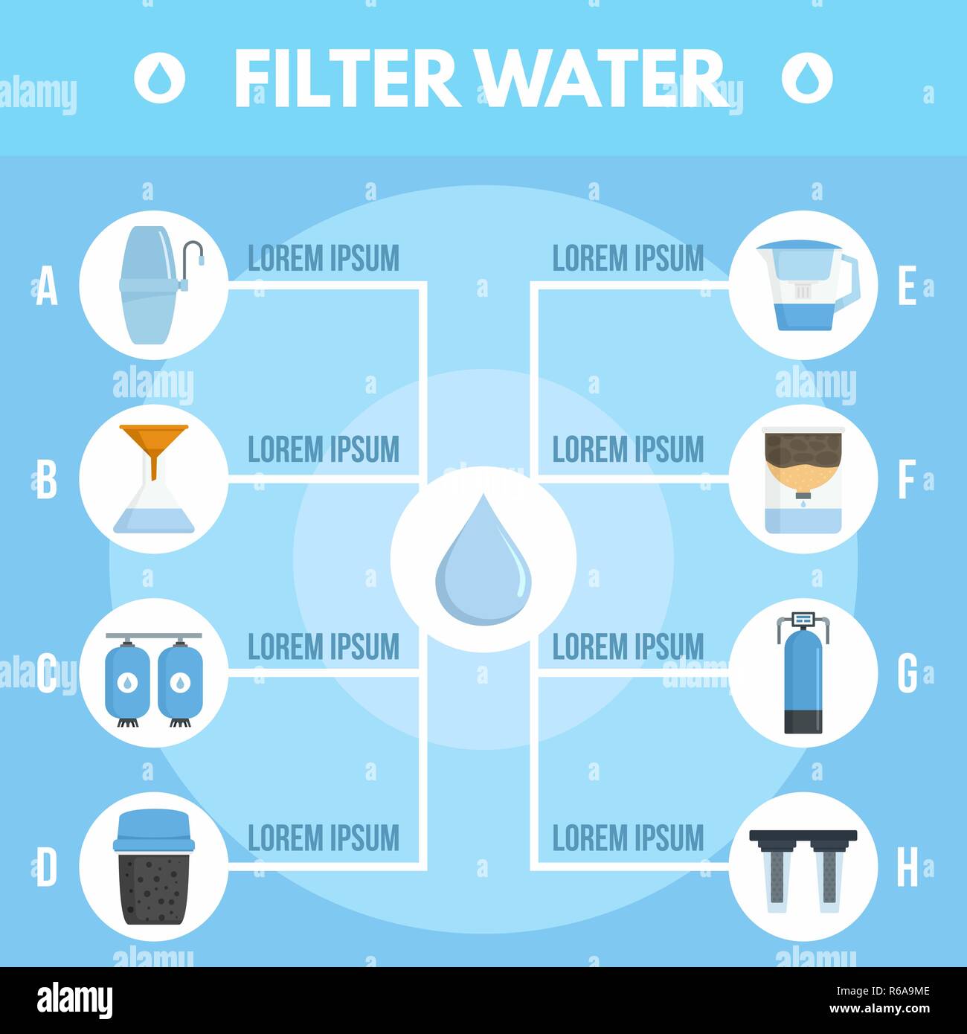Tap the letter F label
click(x=906, y=480)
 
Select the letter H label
click(x=907, y=867)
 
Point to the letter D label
click(x=47, y=867)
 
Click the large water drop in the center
click(x=483, y=559)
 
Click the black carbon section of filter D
click(x=154, y=889)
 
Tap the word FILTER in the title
click(x=347, y=78)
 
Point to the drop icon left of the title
click(x=159, y=77)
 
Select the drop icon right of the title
click(x=807, y=77)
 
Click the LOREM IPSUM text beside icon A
click(x=324, y=258)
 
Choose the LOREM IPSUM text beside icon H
click(x=628, y=838)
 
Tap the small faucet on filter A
click(x=193, y=260)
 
